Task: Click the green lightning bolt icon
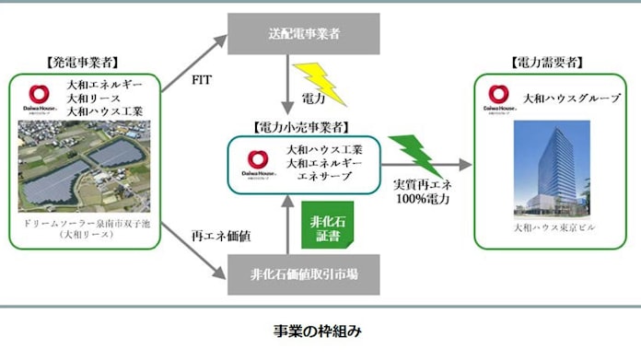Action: coord(409,149)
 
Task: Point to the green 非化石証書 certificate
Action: coord(328,230)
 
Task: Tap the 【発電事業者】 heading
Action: coord(81,64)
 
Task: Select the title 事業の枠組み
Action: coord(320,329)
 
